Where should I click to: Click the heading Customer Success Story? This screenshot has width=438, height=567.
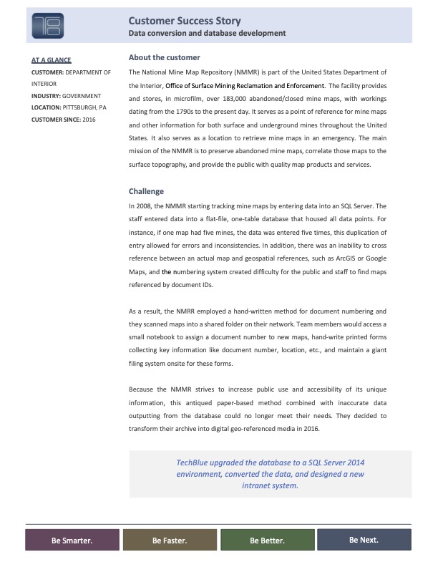184,21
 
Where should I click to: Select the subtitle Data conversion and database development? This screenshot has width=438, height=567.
207,34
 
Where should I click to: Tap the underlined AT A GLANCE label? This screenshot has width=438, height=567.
51,60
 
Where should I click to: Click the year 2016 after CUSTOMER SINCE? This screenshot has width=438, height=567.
88,119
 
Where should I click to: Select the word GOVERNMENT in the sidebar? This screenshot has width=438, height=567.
82,95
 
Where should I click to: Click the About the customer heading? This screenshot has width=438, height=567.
164,57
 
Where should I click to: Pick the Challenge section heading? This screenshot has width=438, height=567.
146,191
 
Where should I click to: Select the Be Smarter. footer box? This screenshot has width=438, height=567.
72,541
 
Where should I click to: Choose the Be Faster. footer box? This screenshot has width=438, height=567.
170,541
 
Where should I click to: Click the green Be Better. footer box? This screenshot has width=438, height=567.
267,541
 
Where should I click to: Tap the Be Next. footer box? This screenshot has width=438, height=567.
364,540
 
